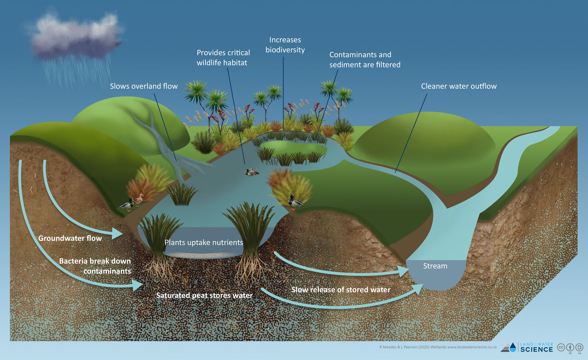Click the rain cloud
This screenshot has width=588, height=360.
[77, 37]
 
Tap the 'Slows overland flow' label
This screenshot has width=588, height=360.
[144, 86]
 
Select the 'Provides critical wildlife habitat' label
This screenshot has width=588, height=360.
[223, 58]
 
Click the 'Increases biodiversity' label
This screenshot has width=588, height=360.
[285, 45]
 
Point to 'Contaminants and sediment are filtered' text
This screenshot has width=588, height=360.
[365, 60]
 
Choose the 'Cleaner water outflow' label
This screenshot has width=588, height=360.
[459, 86]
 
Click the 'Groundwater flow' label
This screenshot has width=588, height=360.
[70, 238]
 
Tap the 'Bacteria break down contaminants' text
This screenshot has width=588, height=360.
[95, 266]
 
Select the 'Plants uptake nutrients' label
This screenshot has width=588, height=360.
[204, 242]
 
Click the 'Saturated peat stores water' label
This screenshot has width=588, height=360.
[204, 295]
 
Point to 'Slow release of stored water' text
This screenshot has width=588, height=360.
[341, 290]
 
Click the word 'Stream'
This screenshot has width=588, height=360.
[435, 266]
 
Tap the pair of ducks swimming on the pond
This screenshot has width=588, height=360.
[252, 172]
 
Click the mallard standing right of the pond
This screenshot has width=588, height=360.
[295, 202]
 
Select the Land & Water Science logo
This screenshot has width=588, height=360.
[527, 347]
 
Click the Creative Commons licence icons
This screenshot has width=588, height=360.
[570, 348]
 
